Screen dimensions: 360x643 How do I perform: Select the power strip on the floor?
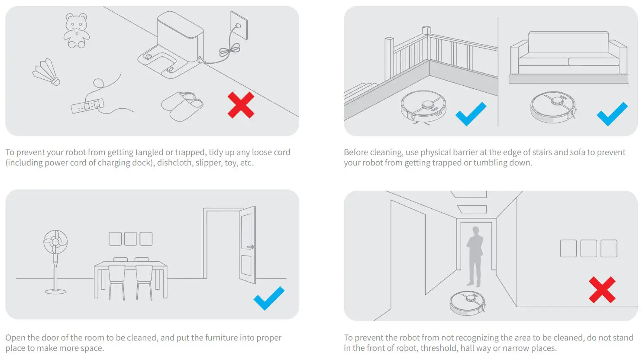[87, 106]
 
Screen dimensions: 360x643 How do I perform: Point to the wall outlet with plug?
[238, 26]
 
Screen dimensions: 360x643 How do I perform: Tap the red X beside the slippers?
[241, 105]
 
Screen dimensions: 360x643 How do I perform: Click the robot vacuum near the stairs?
[423, 105]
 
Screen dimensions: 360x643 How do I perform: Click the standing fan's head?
[55, 242]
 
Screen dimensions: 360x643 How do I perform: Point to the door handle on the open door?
[250, 247]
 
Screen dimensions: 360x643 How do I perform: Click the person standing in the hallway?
[475, 256]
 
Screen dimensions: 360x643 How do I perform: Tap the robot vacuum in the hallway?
[467, 302]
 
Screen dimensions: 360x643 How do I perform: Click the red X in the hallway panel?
[602, 290]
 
